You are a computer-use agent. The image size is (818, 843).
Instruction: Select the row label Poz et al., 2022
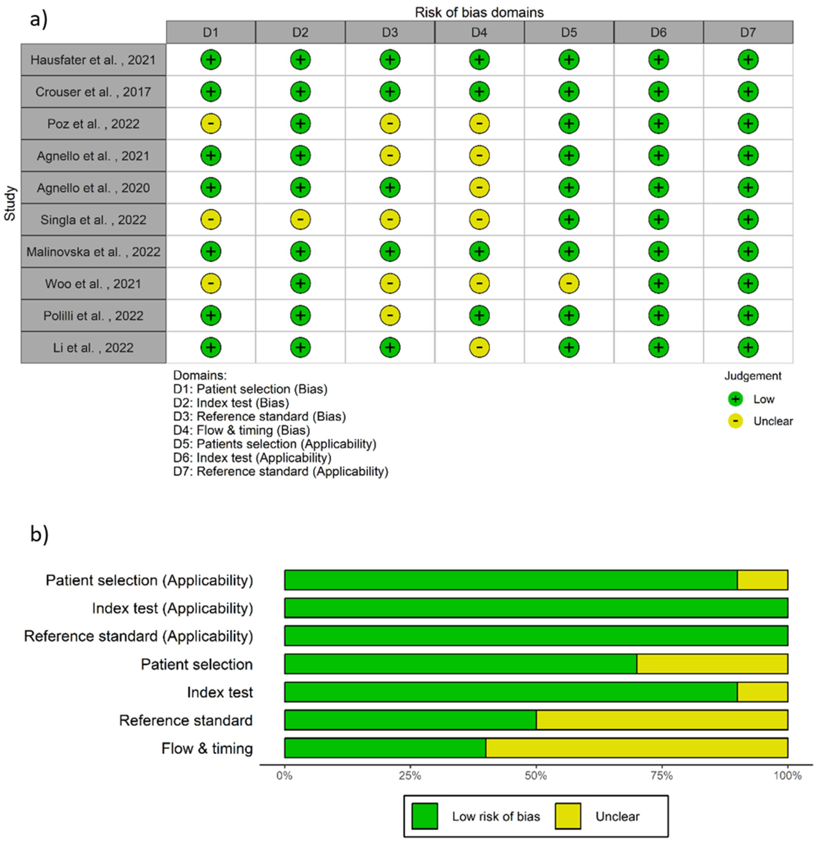click(93, 124)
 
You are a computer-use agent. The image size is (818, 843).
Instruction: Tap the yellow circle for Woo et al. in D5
click(569, 283)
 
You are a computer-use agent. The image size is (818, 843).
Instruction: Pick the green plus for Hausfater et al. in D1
click(211, 60)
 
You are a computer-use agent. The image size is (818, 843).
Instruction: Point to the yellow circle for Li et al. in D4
click(479, 348)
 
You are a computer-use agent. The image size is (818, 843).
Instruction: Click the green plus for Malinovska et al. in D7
click(748, 252)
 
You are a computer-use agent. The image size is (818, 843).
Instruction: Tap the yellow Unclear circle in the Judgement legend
click(735, 421)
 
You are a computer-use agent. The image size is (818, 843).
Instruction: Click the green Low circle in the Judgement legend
click(735, 399)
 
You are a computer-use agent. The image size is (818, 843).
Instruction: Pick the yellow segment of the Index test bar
click(762, 692)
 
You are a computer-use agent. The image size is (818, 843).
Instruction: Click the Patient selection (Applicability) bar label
click(149, 580)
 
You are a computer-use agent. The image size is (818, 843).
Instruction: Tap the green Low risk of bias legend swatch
click(424, 816)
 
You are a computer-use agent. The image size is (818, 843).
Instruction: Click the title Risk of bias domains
click(479, 13)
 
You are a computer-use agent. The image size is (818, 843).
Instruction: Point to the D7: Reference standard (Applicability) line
click(280, 471)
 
